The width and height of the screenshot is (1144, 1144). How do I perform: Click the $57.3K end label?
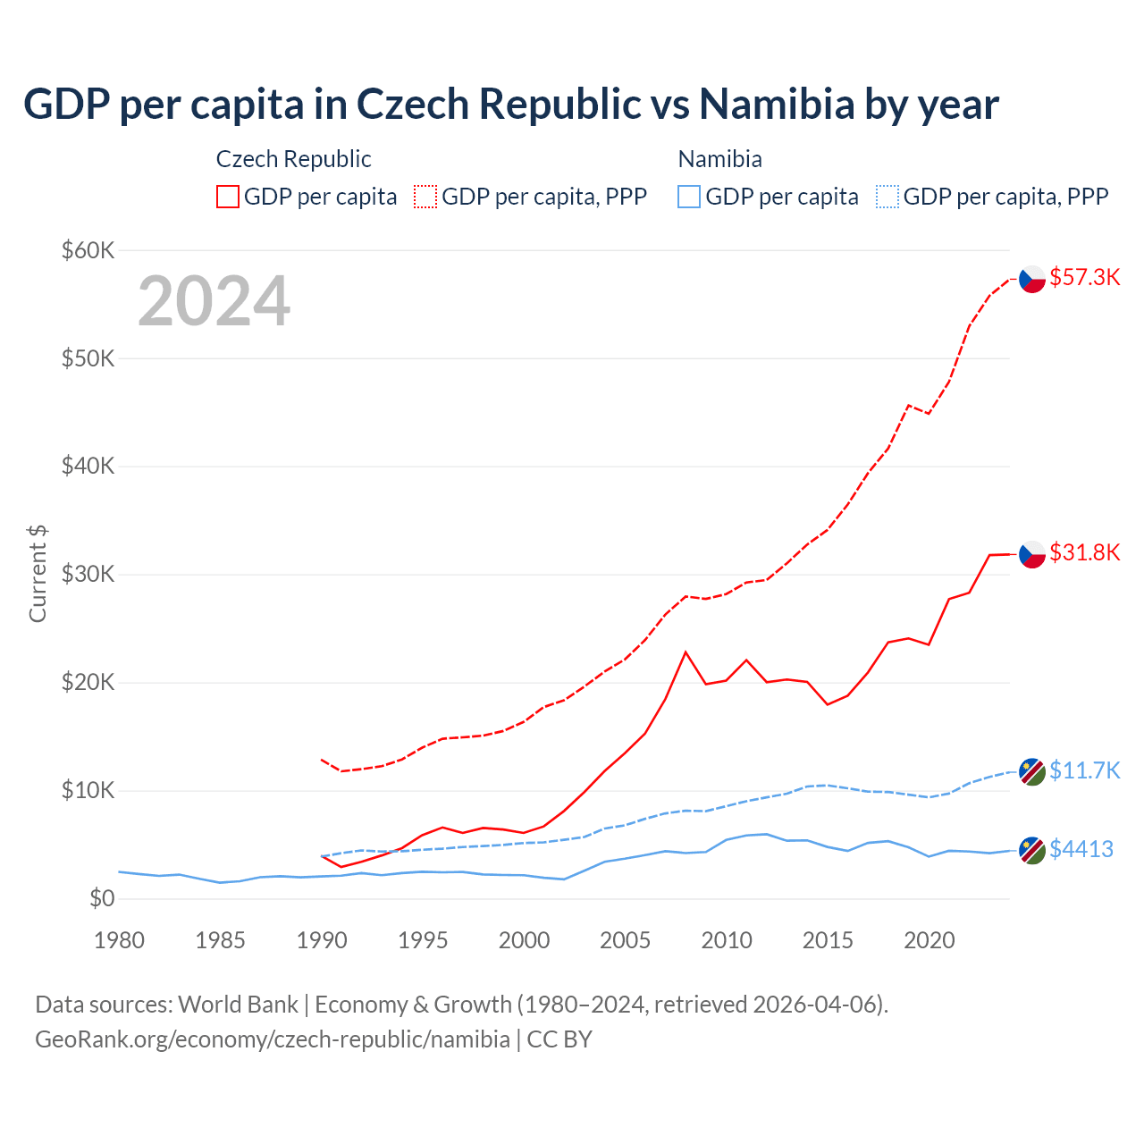(x=1084, y=277)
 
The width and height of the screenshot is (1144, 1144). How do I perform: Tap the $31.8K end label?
(x=1084, y=552)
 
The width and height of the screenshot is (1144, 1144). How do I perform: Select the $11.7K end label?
(x=1084, y=770)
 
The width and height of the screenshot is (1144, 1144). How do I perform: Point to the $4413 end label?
(x=1081, y=849)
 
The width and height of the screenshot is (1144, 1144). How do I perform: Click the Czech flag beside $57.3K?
(x=1032, y=280)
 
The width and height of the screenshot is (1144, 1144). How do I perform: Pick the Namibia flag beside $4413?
(x=1032, y=850)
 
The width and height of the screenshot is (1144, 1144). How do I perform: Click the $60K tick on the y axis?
(x=88, y=250)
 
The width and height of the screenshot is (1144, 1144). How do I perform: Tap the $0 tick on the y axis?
(x=101, y=898)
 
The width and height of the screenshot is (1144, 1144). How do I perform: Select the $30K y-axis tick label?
(x=88, y=574)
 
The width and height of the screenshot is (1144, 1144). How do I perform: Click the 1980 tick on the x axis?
(x=119, y=940)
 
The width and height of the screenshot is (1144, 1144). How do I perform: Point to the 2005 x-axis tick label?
(x=626, y=940)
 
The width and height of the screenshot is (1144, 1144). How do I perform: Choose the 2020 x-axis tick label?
(x=929, y=940)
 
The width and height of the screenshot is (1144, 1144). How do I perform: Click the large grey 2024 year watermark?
(x=214, y=301)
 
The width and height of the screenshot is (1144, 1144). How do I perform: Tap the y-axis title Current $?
(x=38, y=574)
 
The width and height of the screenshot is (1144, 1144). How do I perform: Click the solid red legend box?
(x=228, y=197)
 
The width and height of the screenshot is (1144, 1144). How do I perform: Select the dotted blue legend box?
(x=887, y=197)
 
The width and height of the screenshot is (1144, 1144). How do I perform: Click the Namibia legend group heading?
(x=719, y=159)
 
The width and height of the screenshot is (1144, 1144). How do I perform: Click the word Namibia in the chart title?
(x=777, y=104)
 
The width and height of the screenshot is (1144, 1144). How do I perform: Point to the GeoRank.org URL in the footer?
(x=272, y=1039)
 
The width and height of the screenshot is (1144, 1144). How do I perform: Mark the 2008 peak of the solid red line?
(x=686, y=652)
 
